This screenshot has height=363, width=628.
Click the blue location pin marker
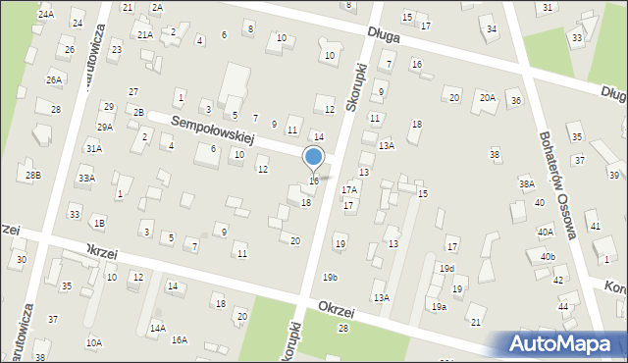[314, 158]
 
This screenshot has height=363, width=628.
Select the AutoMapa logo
[562, 343]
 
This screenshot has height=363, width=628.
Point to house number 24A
[46, 15]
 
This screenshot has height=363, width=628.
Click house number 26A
[54, 79]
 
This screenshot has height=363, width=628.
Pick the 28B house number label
[33, 175]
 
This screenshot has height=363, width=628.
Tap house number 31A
[93, 148]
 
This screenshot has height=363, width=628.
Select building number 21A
[145, 34]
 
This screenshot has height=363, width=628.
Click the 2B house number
[138, 112]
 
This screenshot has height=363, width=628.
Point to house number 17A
[348, 189]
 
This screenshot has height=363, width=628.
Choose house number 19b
[330, 278]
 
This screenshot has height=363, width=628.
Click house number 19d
[446, 269]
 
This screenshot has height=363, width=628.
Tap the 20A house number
[488, 97]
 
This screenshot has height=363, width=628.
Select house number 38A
[527, 183]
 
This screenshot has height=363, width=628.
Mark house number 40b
[547, 257]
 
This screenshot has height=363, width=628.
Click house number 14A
[158, 329]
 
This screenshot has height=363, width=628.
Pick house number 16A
[180, 339]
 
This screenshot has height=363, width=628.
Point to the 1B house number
[99, 223]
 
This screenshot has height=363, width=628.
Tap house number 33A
[87, 178]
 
